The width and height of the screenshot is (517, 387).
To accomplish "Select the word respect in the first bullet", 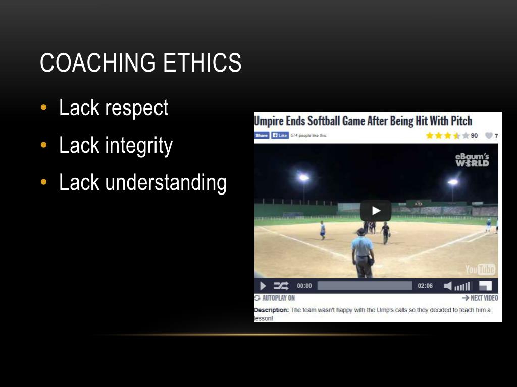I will click(136, 108).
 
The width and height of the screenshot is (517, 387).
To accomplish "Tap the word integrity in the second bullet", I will click(139, 146).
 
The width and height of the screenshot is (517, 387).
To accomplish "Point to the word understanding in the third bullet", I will click(166, 183).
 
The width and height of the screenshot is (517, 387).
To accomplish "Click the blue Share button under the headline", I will click(262, 135).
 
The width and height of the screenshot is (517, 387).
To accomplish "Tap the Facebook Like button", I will click(280, 135).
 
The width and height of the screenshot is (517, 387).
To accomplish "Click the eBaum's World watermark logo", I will click(472, 160).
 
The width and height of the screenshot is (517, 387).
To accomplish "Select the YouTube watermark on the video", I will click(480, 269).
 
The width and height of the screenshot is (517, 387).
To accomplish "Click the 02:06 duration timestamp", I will click(425, 286).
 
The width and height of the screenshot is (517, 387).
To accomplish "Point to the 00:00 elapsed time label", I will click(304, 286).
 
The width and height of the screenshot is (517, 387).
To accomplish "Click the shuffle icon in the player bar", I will click(281, 286).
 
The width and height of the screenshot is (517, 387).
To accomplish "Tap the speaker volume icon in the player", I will click(448, 286).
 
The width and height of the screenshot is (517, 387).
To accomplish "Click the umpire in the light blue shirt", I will click(363, 252).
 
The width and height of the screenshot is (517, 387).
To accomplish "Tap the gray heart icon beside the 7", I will click(488, 136).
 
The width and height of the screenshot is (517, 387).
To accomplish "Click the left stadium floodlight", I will click(303, 177).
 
